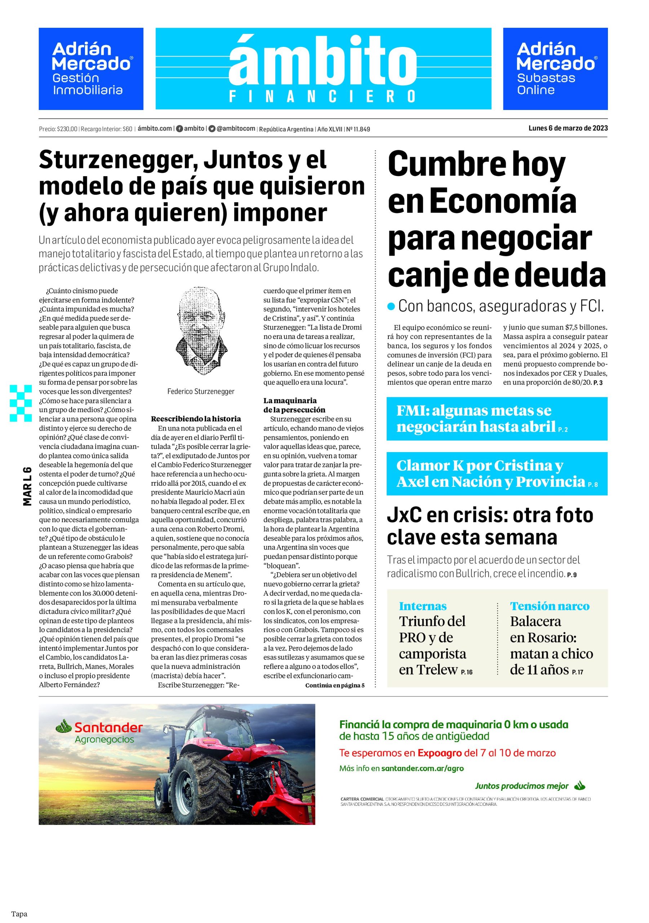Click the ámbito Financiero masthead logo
(x=323, y=69)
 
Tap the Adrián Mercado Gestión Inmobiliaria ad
(x=91, y=69)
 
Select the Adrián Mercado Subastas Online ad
(x=555, y=69)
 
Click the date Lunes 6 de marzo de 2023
(x=568, y=128)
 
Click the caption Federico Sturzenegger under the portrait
(x=200, y=391)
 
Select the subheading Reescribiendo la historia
(x=196, y=419)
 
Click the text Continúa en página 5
(x=335, y=685)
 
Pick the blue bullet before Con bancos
(x=391, y=307)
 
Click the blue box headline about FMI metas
(x=496, y=419)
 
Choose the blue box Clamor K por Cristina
(x=496, y=473)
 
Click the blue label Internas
(x=422, y=606)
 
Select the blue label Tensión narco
(x=549, y=606)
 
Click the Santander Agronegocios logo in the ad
(x=99, y=732)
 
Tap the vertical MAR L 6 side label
(x=27, y=486)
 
